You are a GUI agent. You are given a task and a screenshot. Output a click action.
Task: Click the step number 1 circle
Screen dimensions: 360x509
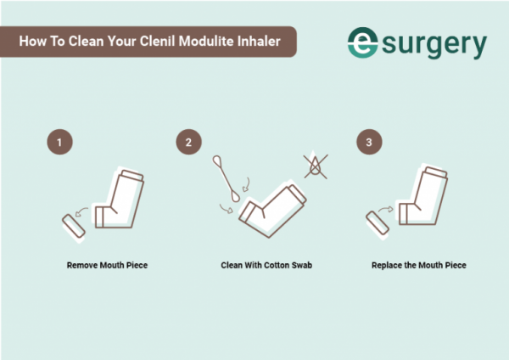pos(59,142)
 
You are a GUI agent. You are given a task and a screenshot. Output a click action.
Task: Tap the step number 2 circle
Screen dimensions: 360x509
pos(187,142)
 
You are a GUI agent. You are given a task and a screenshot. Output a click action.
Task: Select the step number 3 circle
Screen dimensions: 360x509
pos(368,142)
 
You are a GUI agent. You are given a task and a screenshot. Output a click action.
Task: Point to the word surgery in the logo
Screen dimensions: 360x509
pos(437,42)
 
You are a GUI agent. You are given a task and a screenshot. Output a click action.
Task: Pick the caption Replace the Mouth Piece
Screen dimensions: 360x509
pos(418,266)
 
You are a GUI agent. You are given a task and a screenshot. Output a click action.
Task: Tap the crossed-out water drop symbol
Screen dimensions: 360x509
pos(317,166)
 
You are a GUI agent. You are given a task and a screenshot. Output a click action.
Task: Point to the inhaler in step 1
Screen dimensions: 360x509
pos(121,200)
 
